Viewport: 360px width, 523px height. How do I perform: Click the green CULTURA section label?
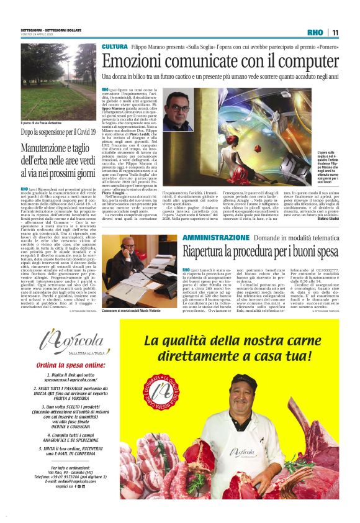pyautogui.click(x=115, y=47)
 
